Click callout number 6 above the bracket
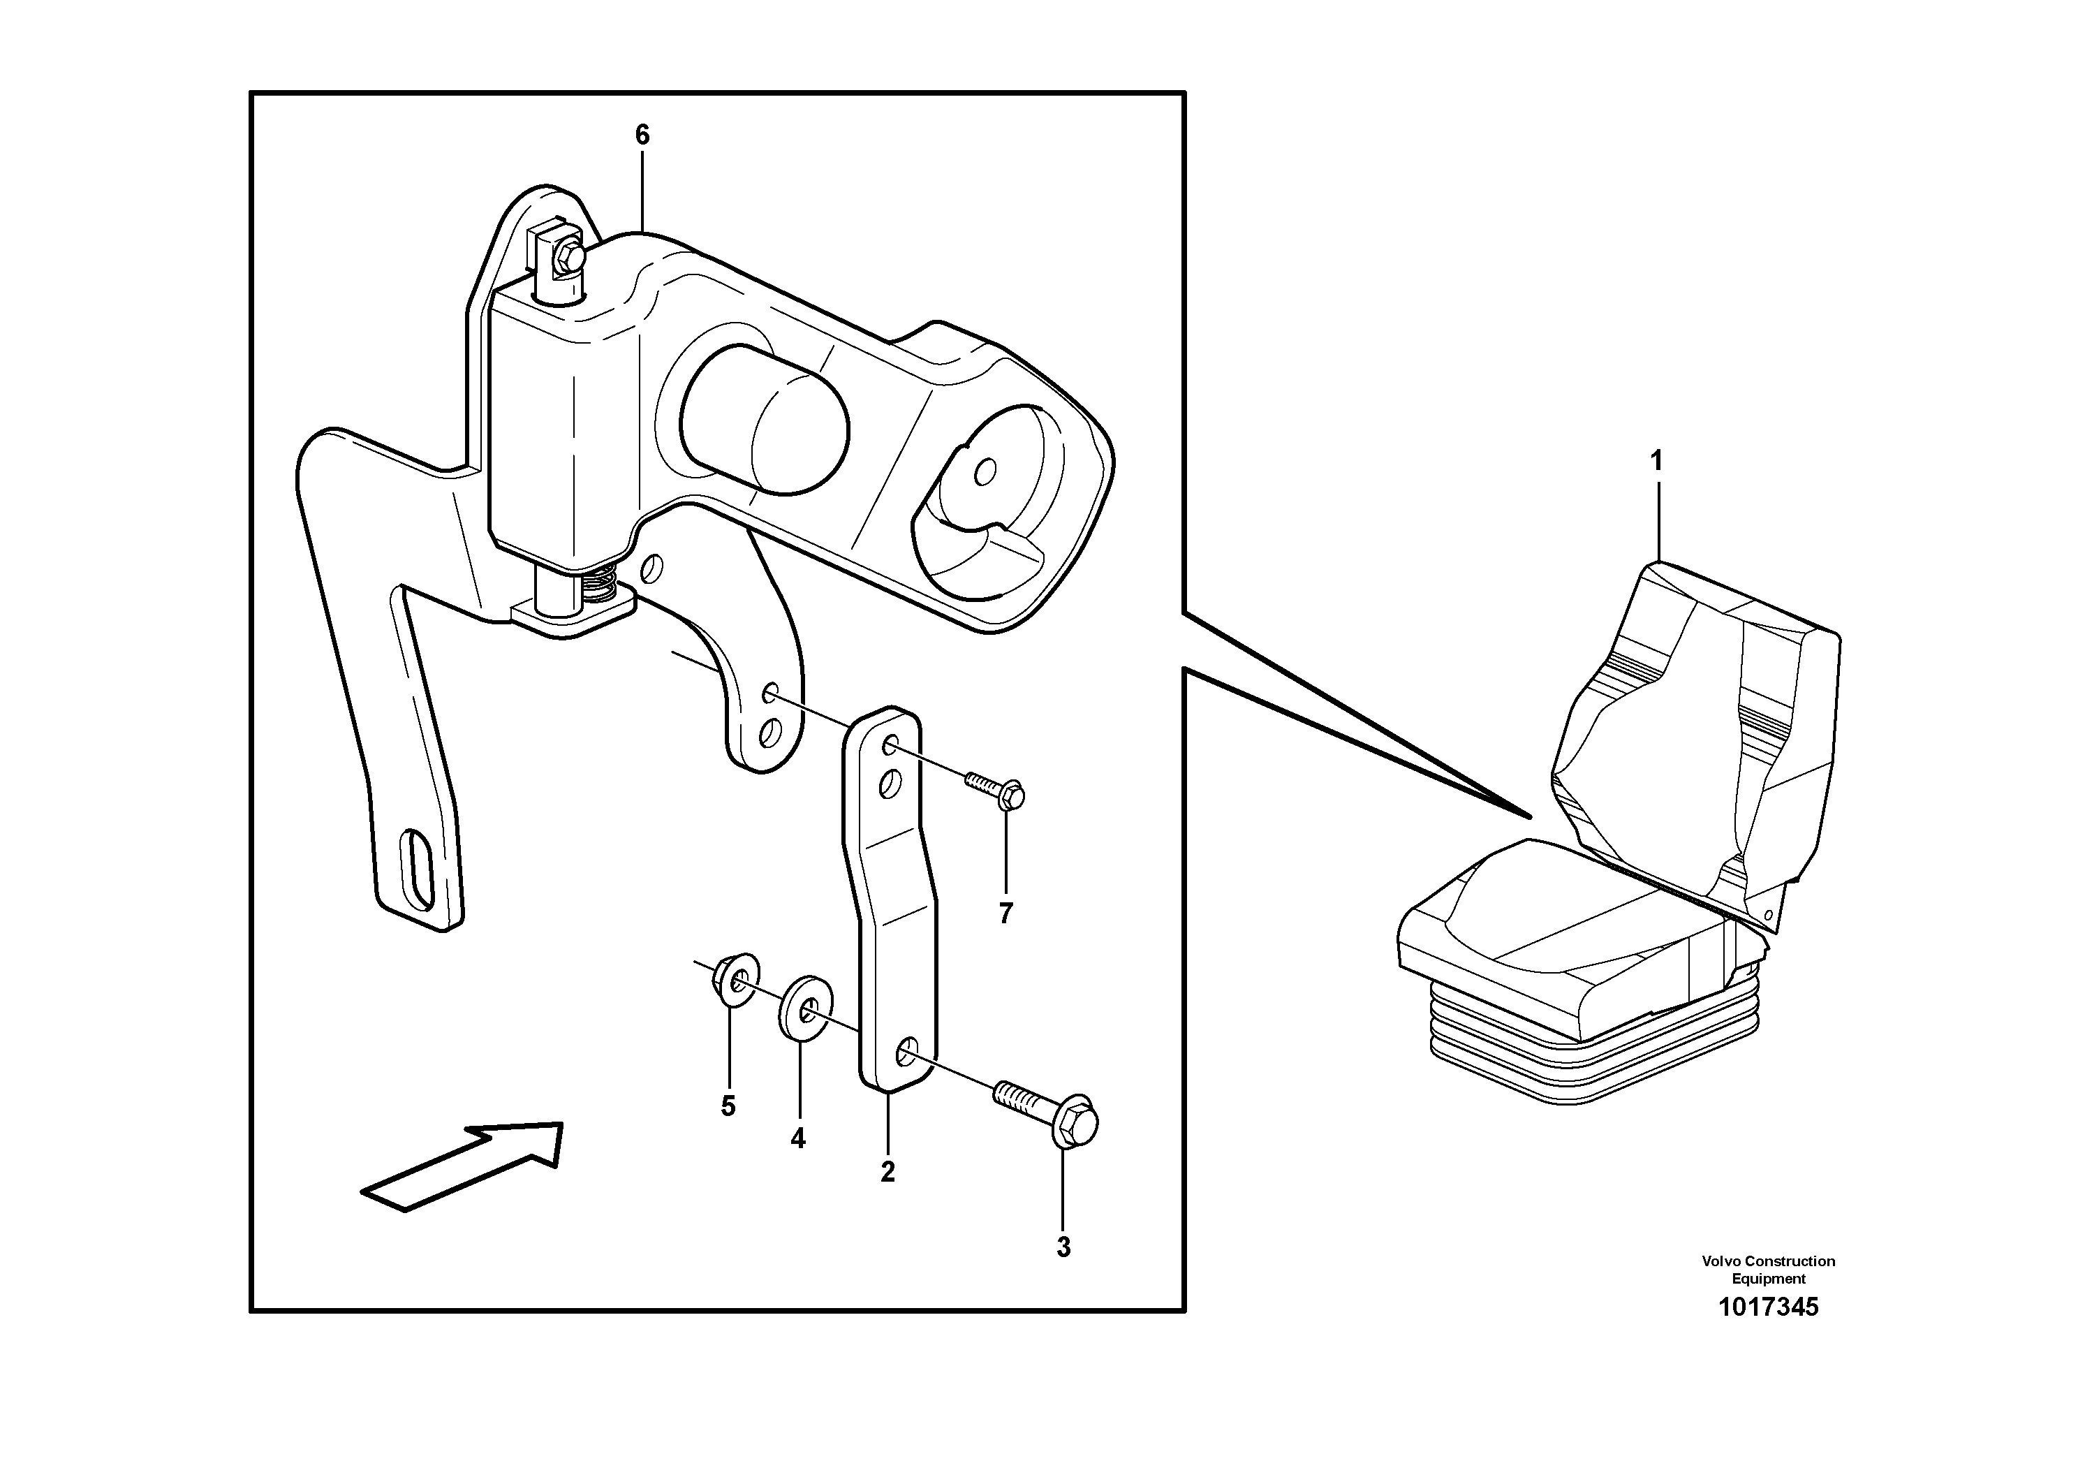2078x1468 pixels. [642, 135]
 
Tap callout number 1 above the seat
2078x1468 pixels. [1656, 462]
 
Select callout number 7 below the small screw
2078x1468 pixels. [1005, 914]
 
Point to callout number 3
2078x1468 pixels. [1063, 1247]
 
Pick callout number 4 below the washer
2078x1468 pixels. [797, 1138]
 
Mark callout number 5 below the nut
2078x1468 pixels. [728, 1106]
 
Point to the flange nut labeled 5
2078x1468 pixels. [735, 979]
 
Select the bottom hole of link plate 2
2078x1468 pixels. [905, 1052]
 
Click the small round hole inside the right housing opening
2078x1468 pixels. [986, 471]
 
